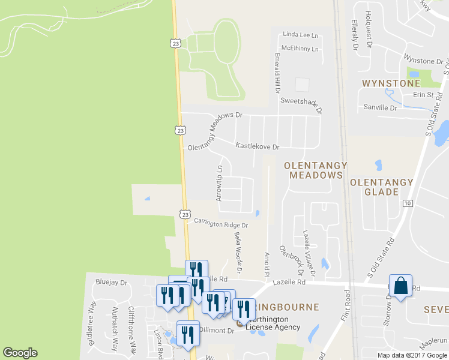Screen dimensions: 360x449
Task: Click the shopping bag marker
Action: click(400, 286)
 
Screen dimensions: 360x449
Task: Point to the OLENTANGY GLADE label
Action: click(382, 187)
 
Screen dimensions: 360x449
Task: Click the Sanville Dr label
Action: click(381, 108)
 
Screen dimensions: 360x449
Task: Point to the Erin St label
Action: click(423, 95)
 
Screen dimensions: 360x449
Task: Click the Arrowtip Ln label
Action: click(219, 183)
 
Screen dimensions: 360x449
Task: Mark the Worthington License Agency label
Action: click(275, 323)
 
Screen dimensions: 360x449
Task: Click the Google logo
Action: click(20, 353)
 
